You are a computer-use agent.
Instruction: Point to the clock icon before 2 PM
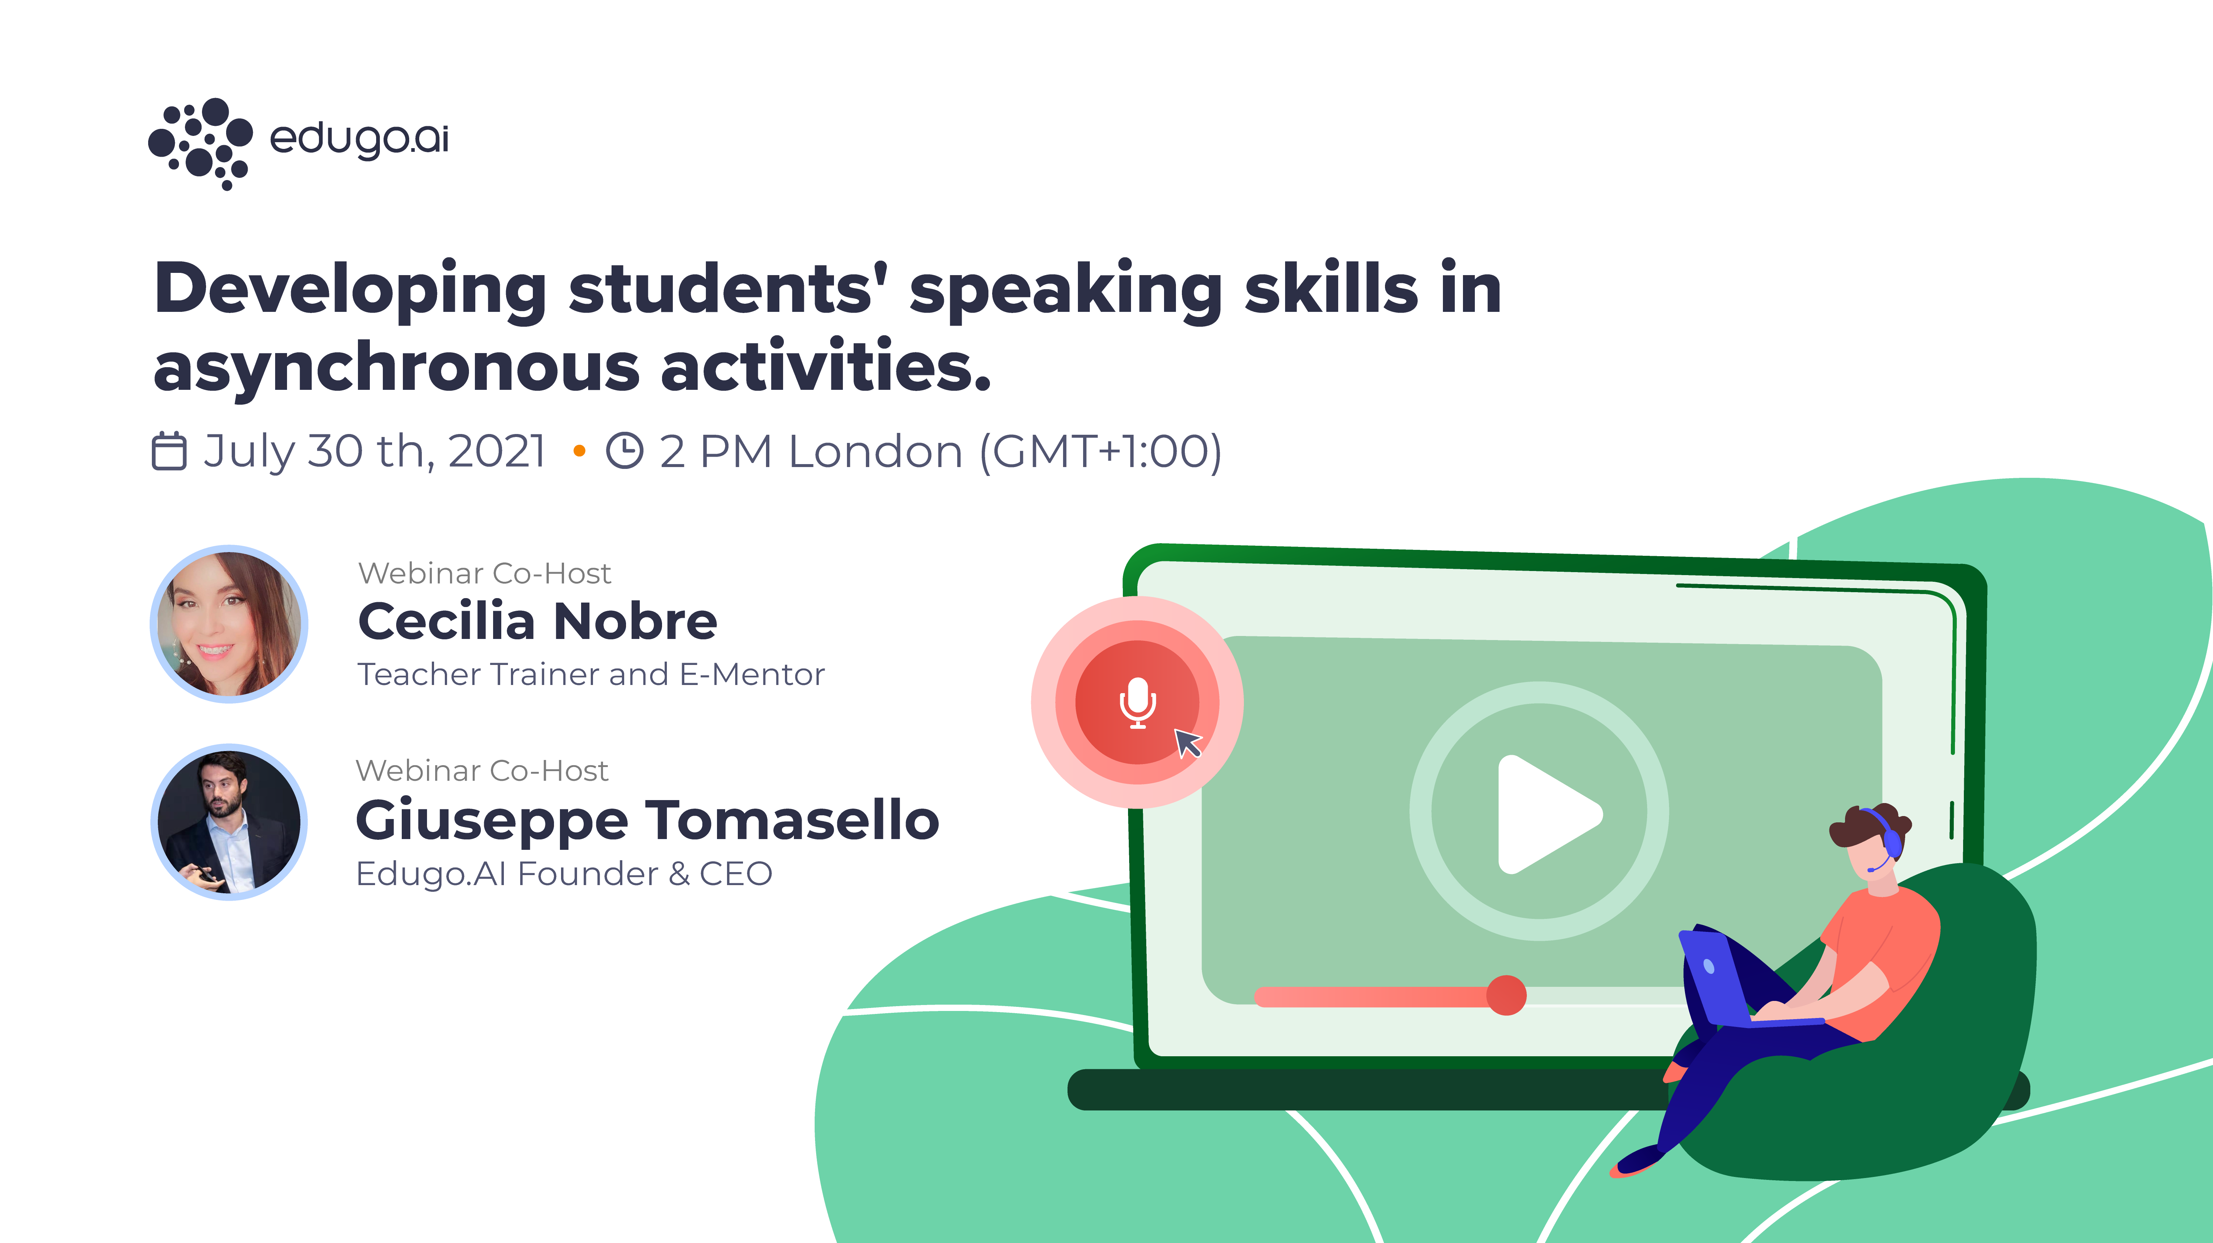tap(625, 451)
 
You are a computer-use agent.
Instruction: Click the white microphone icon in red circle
tap(1137, 702)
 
